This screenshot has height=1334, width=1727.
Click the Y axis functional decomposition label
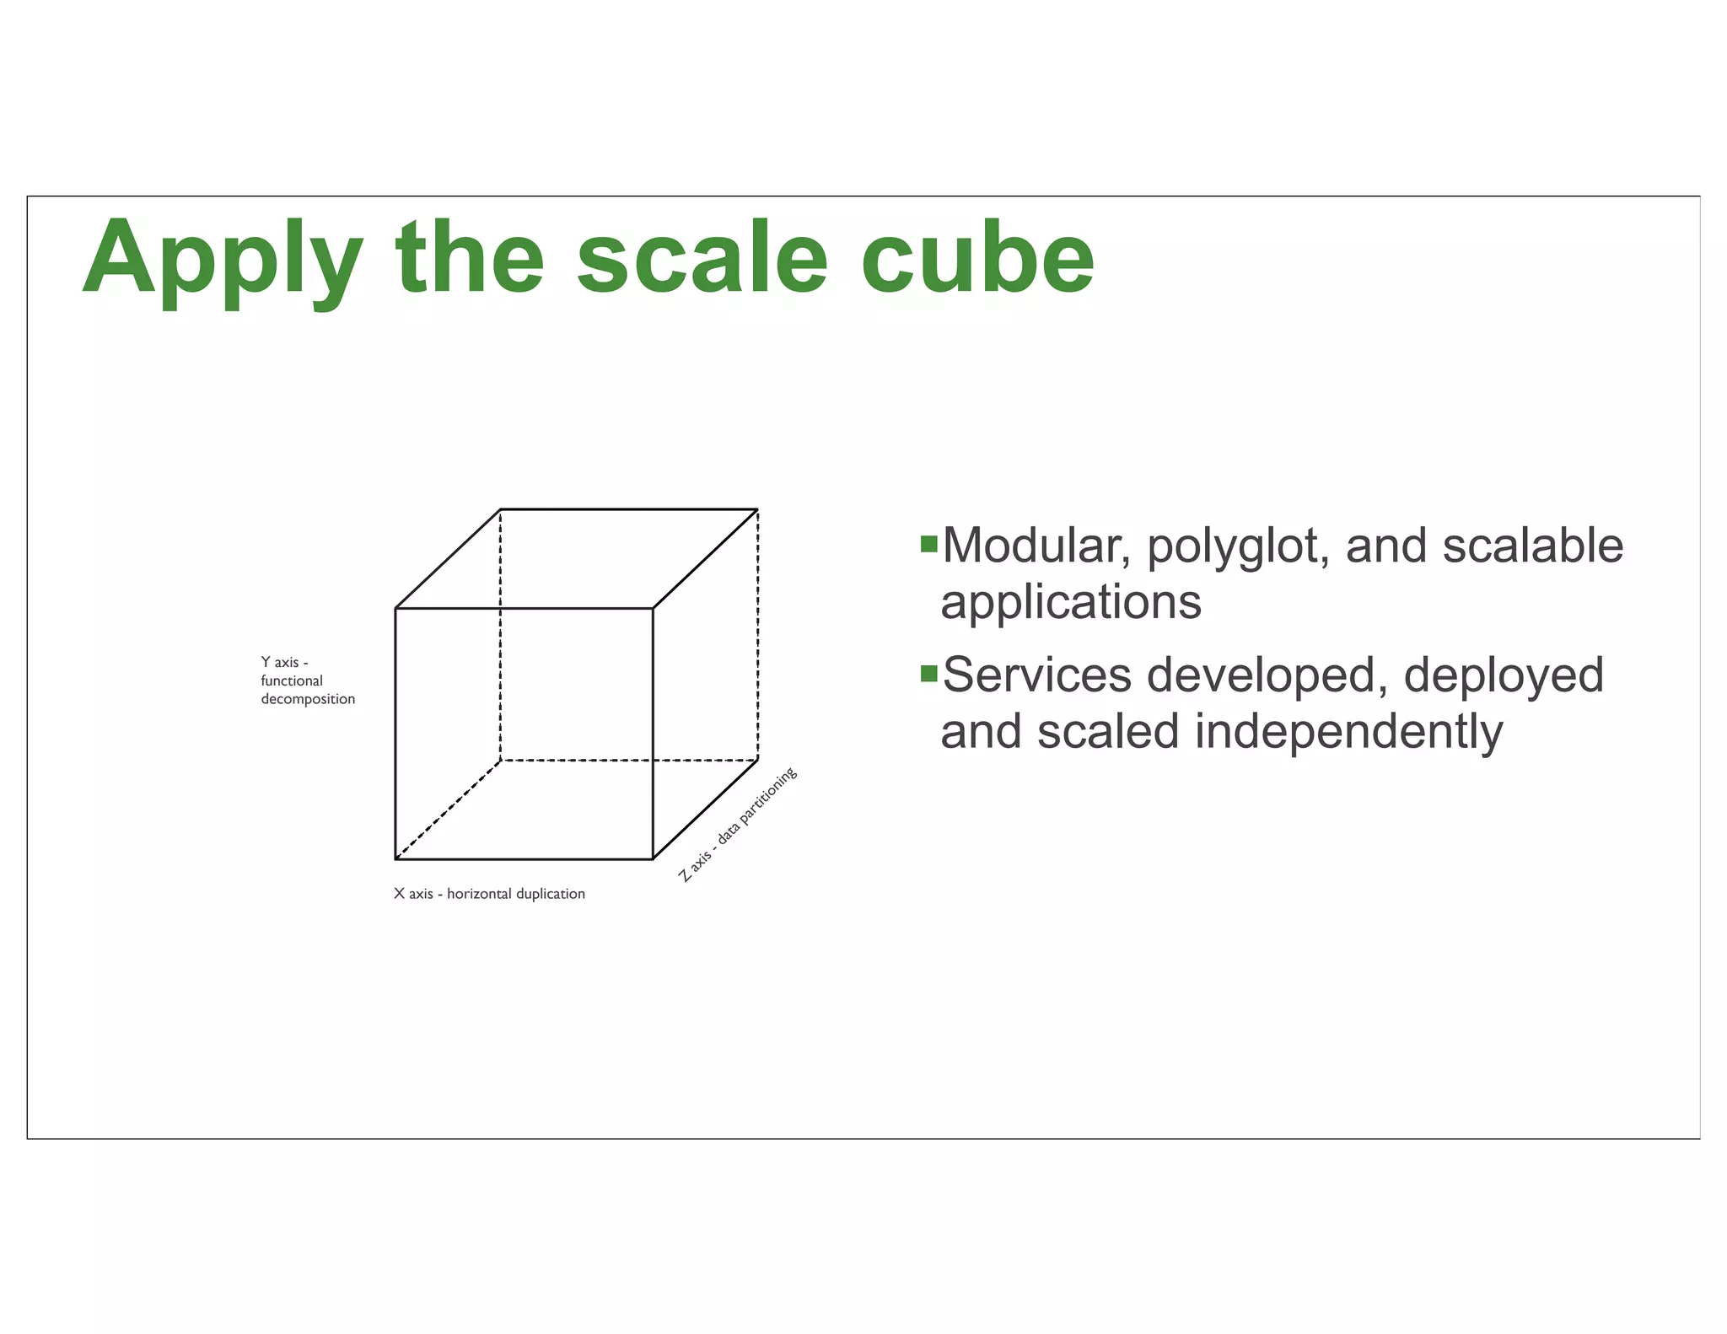click(x=307, y=680)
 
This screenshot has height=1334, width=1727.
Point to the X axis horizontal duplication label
click(x=489, y=894)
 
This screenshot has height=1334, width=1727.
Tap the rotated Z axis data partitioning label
click(x=738, y=825)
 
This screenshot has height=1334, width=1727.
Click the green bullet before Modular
click(x=928, y=544)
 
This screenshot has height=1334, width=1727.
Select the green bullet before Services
click(x=928, y=673)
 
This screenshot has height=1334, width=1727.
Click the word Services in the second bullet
click(x=1036, y=675)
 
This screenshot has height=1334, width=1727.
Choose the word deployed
click(x=1504, y=675)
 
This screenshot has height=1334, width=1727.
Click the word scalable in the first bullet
click(x=1532, y=546)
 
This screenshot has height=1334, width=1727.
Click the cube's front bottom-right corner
click(x=653, y=859)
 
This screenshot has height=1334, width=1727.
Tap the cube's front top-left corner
click(x=395, y=608)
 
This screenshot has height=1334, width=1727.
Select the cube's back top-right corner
click(x=757, y=509)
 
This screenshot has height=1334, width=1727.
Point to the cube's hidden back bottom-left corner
click(x=500, y=761)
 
